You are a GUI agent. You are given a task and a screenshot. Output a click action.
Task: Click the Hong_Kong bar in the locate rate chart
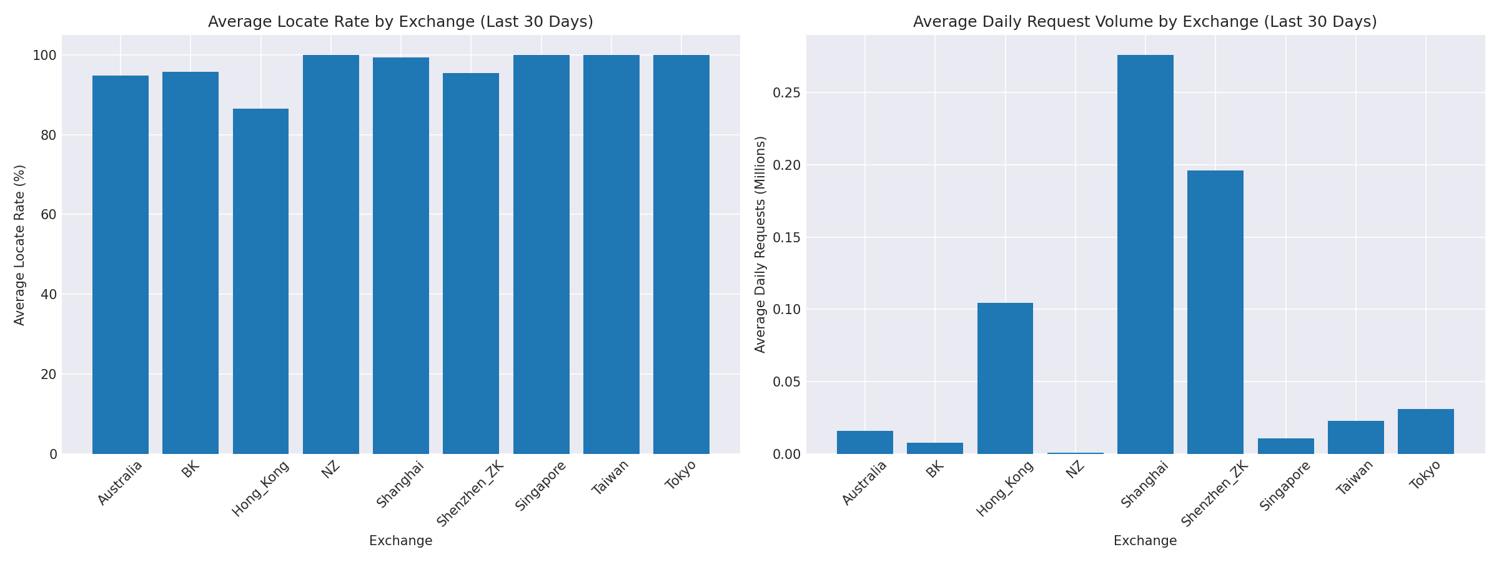[x=260, y=281]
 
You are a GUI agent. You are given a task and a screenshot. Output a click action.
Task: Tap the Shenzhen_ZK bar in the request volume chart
[x=1215, y=312]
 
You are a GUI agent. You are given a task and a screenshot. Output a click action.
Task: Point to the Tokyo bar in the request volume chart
[x=1425, y=431]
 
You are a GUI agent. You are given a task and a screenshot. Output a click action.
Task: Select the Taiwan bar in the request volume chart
[x=1355, y=437]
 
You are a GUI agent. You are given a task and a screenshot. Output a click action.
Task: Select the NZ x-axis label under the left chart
[x=331, y=470]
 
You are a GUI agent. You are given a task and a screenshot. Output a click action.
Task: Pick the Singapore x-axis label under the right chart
[x=1286, y=486]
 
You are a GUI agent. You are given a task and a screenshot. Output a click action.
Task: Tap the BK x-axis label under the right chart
[x=936, y=470]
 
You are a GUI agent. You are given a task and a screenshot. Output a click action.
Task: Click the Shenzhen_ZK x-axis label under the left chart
[x=470, y=493]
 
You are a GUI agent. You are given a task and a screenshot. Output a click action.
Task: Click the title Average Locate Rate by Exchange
[x=400, y=22]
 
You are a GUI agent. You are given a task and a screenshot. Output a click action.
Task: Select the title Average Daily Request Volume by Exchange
[x=1145, y=22]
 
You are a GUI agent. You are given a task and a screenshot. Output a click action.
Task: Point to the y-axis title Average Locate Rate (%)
[x=19, y=245]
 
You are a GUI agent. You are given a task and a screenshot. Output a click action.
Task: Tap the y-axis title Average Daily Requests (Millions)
[x=760, y=245]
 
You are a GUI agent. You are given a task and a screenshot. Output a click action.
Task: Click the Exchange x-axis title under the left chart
[x=400, y=541]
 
